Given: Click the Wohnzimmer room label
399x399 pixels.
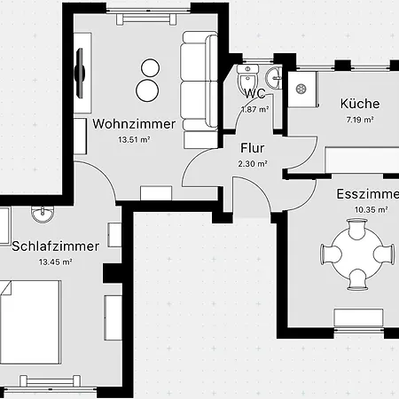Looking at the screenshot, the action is point(134,124).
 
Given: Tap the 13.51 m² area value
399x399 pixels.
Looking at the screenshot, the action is point(134,139).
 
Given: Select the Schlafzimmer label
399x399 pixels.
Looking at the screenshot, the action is point(55,246).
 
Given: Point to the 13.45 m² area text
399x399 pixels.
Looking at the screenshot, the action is point(56,262).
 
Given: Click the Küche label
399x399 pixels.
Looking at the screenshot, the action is point(360,104).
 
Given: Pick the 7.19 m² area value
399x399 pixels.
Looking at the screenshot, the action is point(360,120).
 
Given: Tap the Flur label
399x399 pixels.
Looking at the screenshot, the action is point(253,148).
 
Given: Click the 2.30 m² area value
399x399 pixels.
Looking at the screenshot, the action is point(253,163).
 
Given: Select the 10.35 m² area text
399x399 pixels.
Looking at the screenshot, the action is point(371,209).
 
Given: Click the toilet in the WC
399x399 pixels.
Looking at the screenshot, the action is point(248,77).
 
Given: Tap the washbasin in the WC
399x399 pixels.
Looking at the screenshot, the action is point(273,78).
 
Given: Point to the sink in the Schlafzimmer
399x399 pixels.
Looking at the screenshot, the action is point(43,214).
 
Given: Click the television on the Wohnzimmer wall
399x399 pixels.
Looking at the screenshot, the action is point(80,73).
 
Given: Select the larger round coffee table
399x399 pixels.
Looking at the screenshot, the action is point(147,90).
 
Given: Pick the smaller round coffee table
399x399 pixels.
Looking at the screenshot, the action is point(151,68).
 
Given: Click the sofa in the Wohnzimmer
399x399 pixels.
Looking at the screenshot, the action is point(199,90).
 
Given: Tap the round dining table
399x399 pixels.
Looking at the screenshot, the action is point(357,254).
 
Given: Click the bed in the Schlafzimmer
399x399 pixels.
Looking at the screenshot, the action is point(31,322).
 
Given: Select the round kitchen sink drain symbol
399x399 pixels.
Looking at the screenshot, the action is point(301,89).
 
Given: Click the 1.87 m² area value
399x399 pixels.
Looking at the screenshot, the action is point(254,109).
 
